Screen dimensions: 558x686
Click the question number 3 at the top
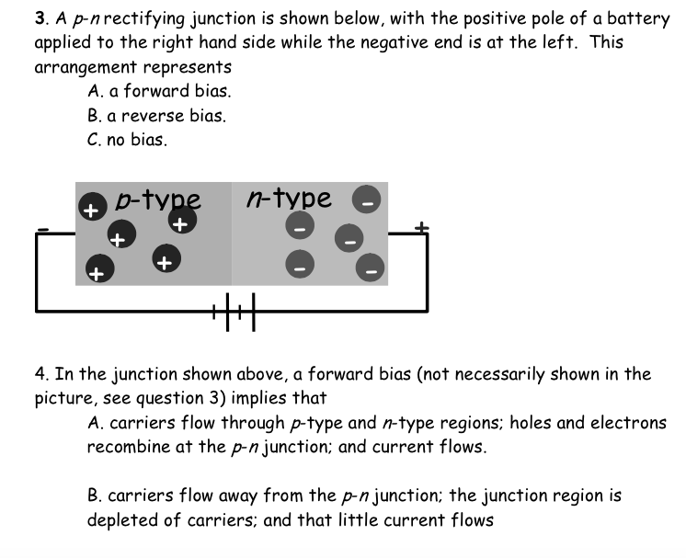pos(40,17)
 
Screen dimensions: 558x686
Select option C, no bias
pos(128,141)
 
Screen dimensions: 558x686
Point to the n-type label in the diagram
pos(289,198)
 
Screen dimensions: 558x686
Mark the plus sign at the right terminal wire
pos(422,226)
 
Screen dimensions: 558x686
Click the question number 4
pos(41,374)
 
